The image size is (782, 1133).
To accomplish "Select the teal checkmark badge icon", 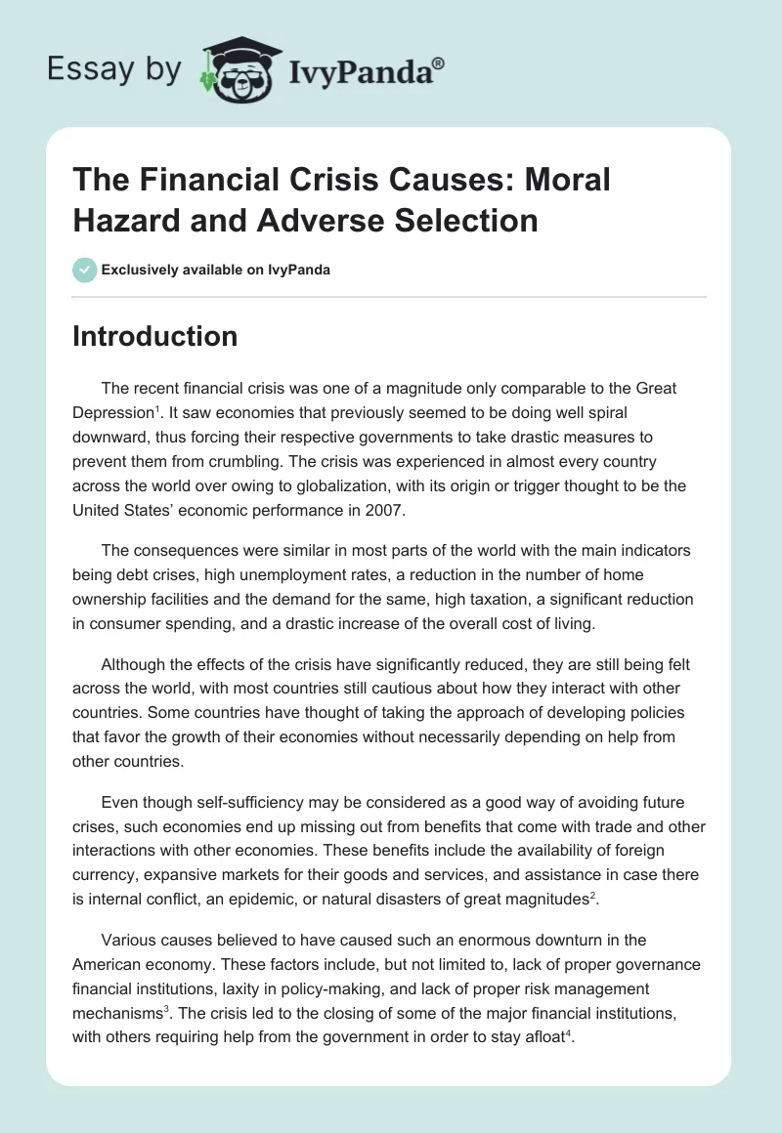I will point(85,270).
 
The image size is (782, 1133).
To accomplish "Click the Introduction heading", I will point(155,336).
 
